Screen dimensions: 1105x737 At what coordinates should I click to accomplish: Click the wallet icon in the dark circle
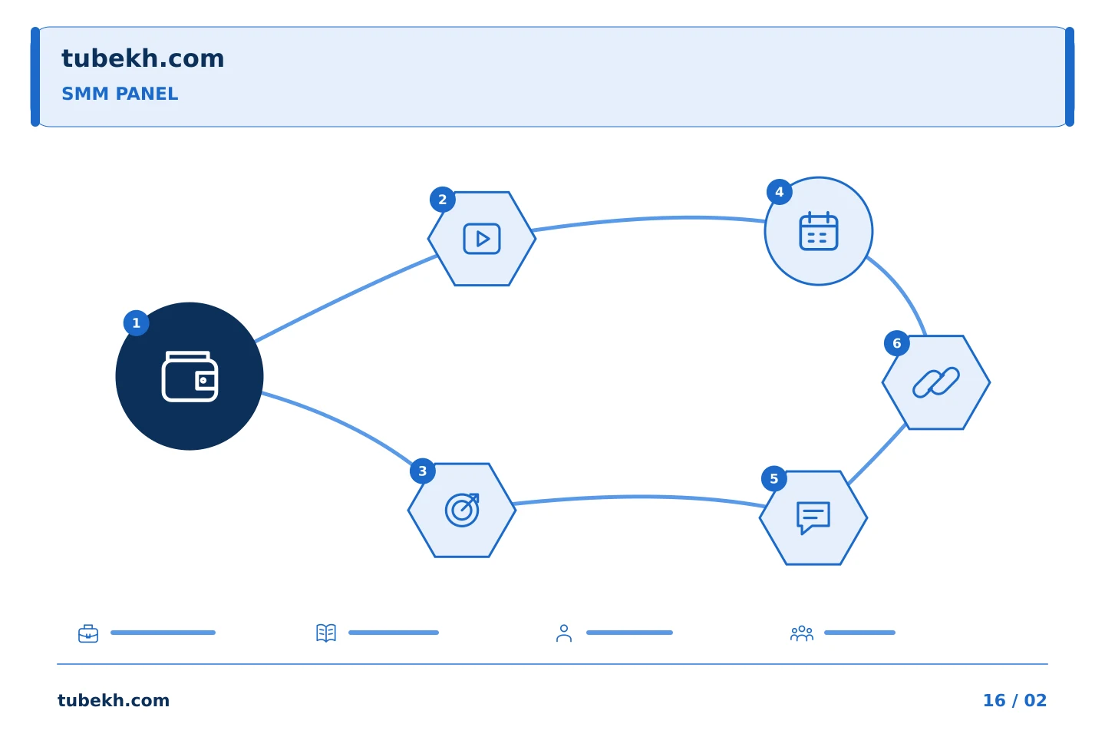tap(190, 376)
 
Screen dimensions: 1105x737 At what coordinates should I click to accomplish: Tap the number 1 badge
tap(136, 323)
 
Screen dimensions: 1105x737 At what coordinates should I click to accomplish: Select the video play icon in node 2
tap(482, 239)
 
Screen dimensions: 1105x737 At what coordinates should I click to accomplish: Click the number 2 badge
tap(443, 200)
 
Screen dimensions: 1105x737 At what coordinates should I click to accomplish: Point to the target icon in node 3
tap(462, 510)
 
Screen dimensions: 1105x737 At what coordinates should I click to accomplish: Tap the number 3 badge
tap(423, 471)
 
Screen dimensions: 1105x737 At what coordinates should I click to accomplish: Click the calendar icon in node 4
tap(819, 231)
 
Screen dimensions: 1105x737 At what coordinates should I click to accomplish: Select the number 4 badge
tap(780, 192)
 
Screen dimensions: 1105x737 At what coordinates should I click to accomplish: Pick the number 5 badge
tap(774, 479)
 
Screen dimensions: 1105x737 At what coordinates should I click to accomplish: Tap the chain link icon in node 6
tap(936, 382)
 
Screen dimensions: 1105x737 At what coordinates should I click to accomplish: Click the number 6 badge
tap(897, 344)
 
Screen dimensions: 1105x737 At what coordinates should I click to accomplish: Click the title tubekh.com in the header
tap(143, 59)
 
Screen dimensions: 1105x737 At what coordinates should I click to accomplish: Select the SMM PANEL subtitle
tap(120, 94)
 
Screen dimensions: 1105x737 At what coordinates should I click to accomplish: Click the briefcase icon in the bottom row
tap(88, 633)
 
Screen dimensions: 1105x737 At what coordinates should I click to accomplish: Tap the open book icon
tap(326, 633)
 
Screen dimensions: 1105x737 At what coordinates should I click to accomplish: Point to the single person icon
tap(564, 633)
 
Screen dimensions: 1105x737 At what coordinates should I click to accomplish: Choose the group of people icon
tap(802, 633)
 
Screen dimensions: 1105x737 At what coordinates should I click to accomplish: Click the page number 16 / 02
tap(1014, 701)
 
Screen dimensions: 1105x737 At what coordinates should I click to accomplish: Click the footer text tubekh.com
tap(114, 701)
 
